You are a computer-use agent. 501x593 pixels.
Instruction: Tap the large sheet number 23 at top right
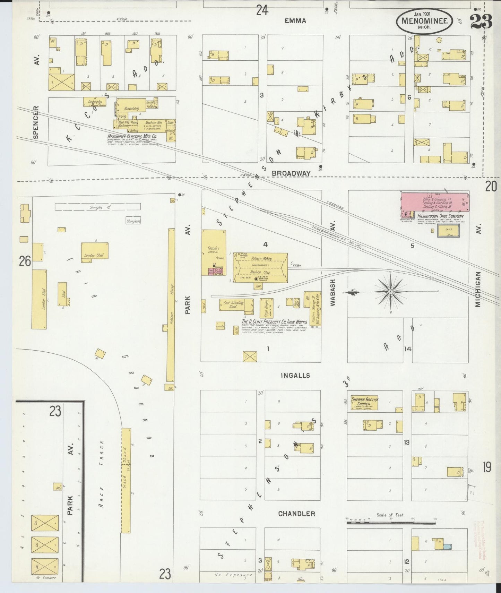(481, 22)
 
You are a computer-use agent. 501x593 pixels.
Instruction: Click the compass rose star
(391, 292)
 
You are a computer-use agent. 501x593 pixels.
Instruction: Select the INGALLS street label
(296, 376)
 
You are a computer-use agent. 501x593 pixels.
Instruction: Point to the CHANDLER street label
(296, 514)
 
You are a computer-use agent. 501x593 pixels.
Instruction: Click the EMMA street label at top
(295, 21)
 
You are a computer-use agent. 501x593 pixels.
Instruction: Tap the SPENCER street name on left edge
(36, 122)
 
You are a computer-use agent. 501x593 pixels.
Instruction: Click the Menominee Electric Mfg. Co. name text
(133, 137)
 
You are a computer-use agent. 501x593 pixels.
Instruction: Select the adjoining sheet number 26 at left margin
(25, 261)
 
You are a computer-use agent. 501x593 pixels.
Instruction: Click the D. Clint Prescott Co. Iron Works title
(274, 322)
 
